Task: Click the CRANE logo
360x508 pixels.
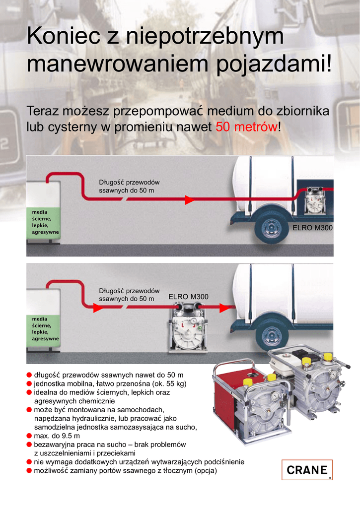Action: click(307, 469)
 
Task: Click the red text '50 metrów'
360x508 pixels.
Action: click(247, 127)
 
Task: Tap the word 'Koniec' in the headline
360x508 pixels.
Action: click(64, 36)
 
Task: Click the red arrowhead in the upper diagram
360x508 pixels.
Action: click(189, 200)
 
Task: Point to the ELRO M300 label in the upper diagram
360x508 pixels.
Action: click(312, 228)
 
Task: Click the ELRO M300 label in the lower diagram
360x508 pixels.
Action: click(188, 297)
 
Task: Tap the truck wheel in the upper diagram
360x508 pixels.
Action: click(270, 228)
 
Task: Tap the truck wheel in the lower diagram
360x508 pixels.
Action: click(270, 335)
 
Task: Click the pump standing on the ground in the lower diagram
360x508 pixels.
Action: click(188, 327)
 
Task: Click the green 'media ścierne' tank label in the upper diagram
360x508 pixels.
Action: click(44, 222)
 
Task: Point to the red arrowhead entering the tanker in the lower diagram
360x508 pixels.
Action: click(224, 308)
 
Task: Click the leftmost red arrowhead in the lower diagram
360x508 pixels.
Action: click(98, 308)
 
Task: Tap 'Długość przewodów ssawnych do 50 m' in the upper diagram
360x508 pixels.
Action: click(129, 187)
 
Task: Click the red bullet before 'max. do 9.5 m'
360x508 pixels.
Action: click(29, 436)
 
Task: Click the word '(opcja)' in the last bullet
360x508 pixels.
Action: click(206, 470)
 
